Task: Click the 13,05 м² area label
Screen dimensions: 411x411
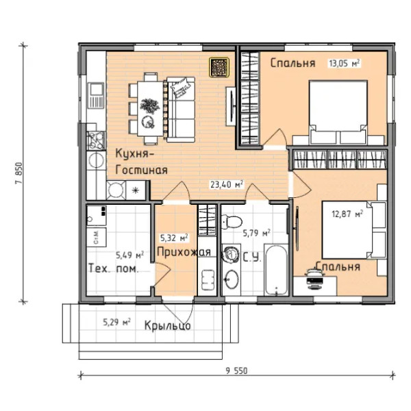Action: (x=344, y=63)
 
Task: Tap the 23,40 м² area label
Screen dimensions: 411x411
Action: (x=227, y=184)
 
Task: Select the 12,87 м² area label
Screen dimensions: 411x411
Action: (x=347, y=214)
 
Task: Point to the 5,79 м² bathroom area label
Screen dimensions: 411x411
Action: (x=257, y=233)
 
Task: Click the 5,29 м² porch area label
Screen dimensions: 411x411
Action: (x=117, y=322)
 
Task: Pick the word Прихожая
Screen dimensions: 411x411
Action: (x=184, y=252)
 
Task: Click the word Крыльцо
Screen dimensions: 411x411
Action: (x=168, y=326)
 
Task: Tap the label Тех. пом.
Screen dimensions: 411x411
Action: (x=114, y=269)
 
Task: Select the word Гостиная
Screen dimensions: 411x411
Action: (x=142, y=170)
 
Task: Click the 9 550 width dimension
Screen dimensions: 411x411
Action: (x=236, y=371)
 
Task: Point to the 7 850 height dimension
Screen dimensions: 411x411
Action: (x=19, y=173)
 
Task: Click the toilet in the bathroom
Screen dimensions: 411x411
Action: (x=232, y=222)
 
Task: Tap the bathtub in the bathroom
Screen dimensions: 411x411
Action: (x=276, y=271)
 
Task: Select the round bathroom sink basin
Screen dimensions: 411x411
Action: (x=232, y=279)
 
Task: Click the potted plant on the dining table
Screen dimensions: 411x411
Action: (x=149, y=105)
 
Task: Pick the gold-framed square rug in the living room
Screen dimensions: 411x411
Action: (x=219, y=67)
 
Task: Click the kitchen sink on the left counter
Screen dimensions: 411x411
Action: (x=96, y=95)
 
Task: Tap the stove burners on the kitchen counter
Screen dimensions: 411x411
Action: (x=96, y=140)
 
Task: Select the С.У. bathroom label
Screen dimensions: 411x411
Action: (x=252, y=258)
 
